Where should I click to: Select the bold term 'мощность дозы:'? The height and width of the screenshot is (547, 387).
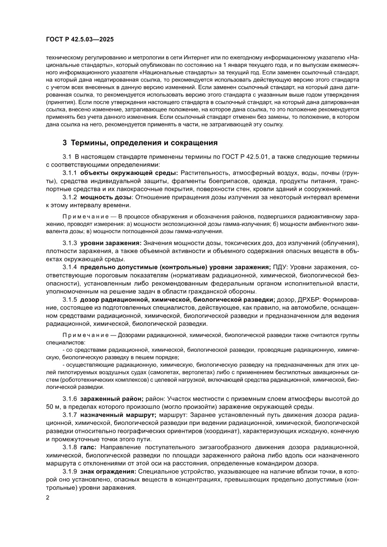click(104, 197)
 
